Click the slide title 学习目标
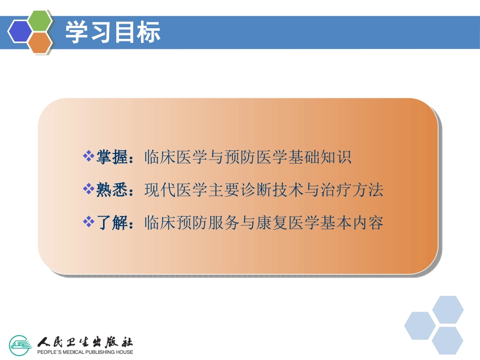(x=113, y=32)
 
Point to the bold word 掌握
(x=111, y=157)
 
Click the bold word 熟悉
(x=111, y=190)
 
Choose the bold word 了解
(x=111, y=223)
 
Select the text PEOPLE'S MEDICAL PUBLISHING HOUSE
(x=85, y=352)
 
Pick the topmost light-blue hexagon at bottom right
(x=448, y=310)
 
